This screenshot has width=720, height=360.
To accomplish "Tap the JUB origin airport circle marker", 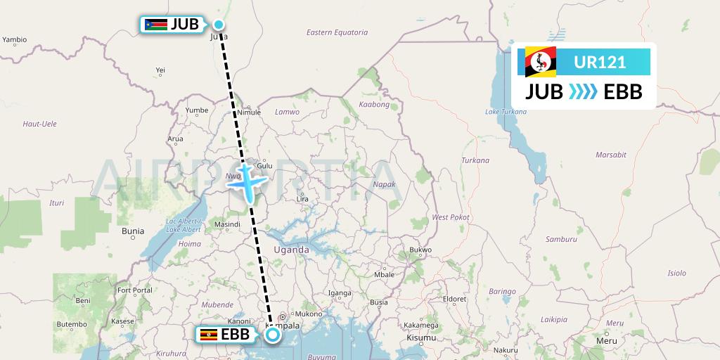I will click(219, 25).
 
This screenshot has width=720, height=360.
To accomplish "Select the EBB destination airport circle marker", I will click(273, 335).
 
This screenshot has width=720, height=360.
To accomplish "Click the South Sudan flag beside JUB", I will click(155, 25).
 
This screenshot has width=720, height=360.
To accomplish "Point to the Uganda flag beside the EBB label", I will click(208, 335).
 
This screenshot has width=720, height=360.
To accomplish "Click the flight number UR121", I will click(600, 63).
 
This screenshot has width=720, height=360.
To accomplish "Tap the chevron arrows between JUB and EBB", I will click(584, 92).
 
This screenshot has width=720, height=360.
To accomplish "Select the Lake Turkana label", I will click(505, 112).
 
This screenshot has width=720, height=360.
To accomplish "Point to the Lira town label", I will click(303, 199).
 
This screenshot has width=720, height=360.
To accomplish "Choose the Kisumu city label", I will click(420, 339).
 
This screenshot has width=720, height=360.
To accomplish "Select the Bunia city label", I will click(133, 231).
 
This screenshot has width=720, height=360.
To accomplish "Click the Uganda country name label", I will click(291, 250).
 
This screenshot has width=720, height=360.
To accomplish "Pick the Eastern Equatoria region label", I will click(337, 32).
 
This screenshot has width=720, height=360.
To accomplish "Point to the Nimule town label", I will click(249, 112).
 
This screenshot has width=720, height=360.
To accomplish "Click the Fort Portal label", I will click(134, 290).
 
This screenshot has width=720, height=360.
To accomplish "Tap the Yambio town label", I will click(14, 40).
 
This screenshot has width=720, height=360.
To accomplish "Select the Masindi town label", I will click(227, 225).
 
